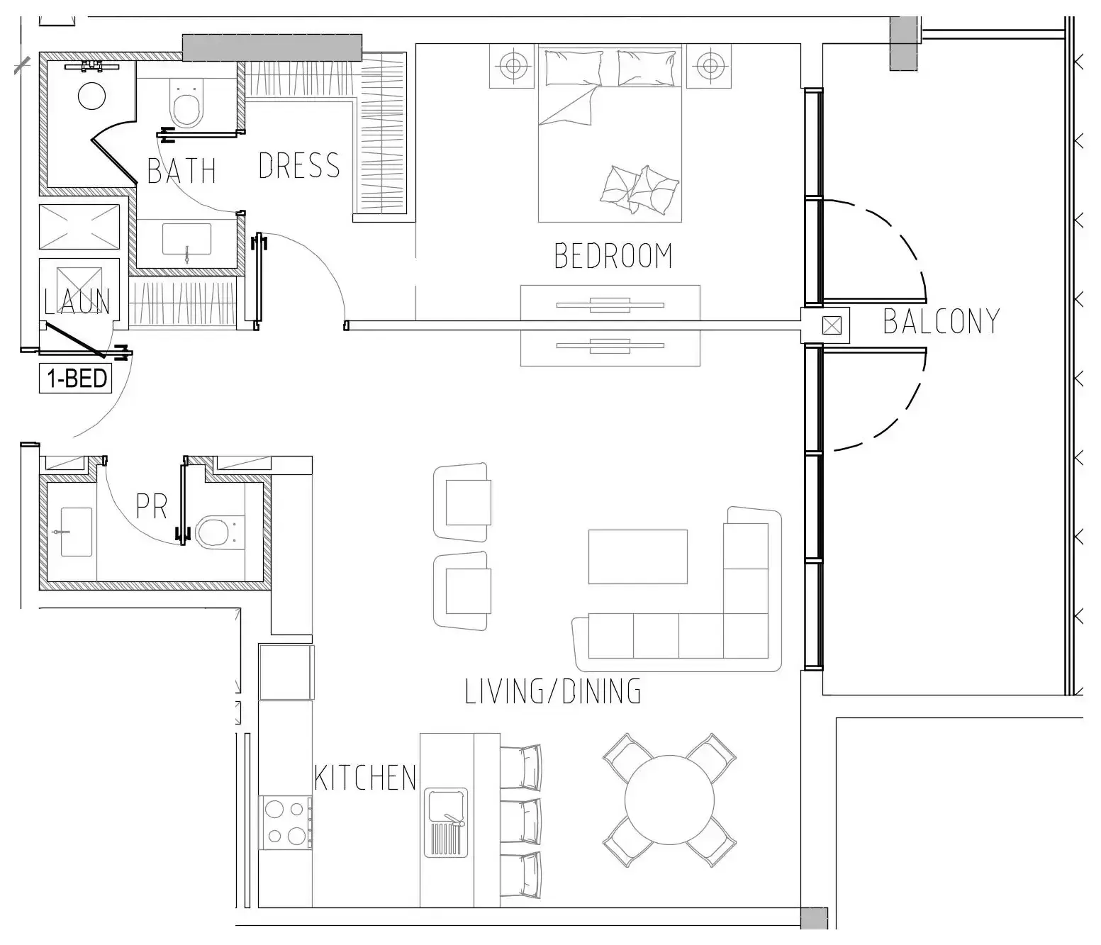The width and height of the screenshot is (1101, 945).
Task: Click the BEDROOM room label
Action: click(x=613, y=256)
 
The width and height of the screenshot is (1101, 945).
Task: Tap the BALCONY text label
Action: click(x=941, y=321)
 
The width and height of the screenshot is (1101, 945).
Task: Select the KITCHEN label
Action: click(x=365, y=778)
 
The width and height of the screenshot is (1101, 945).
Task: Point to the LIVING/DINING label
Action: click(x=553, y=691)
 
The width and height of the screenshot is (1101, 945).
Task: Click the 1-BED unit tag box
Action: click(x=76, y=379)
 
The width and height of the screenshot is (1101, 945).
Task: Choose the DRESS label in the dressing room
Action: click(x=299, y=166)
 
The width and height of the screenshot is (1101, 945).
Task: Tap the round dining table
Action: click(x=669, y=800)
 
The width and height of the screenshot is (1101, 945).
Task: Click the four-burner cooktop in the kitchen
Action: click(x=286, y=822)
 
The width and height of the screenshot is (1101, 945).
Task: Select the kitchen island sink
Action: click(x=446, y=822)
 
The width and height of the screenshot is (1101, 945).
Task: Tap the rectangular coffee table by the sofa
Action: click(x=637, y=557)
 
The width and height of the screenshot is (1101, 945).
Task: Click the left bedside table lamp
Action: click(x=513, y=66)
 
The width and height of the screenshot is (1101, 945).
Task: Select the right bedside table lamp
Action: click(x=709, y=66)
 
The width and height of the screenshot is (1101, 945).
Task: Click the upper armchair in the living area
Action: click(x=462, y=502)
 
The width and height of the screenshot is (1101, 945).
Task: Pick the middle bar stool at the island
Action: click(x=521, y=821)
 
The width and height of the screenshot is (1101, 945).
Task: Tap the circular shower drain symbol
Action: click(x=91, y=96)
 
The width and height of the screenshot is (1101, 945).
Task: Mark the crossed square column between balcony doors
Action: click(x=832, y=325)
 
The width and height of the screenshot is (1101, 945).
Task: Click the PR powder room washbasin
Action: click(x=76, y=532)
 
